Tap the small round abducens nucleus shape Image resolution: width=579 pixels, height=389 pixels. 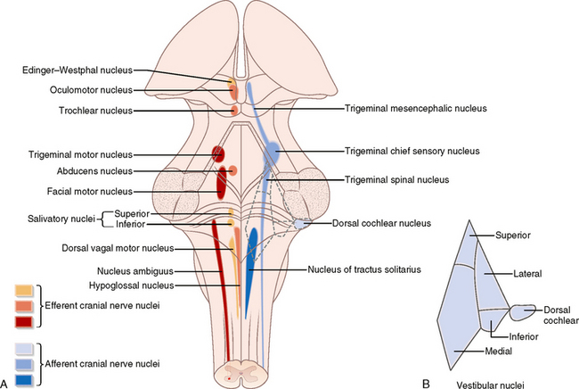click(233, 170)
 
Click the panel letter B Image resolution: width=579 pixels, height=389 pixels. click(426, 383)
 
